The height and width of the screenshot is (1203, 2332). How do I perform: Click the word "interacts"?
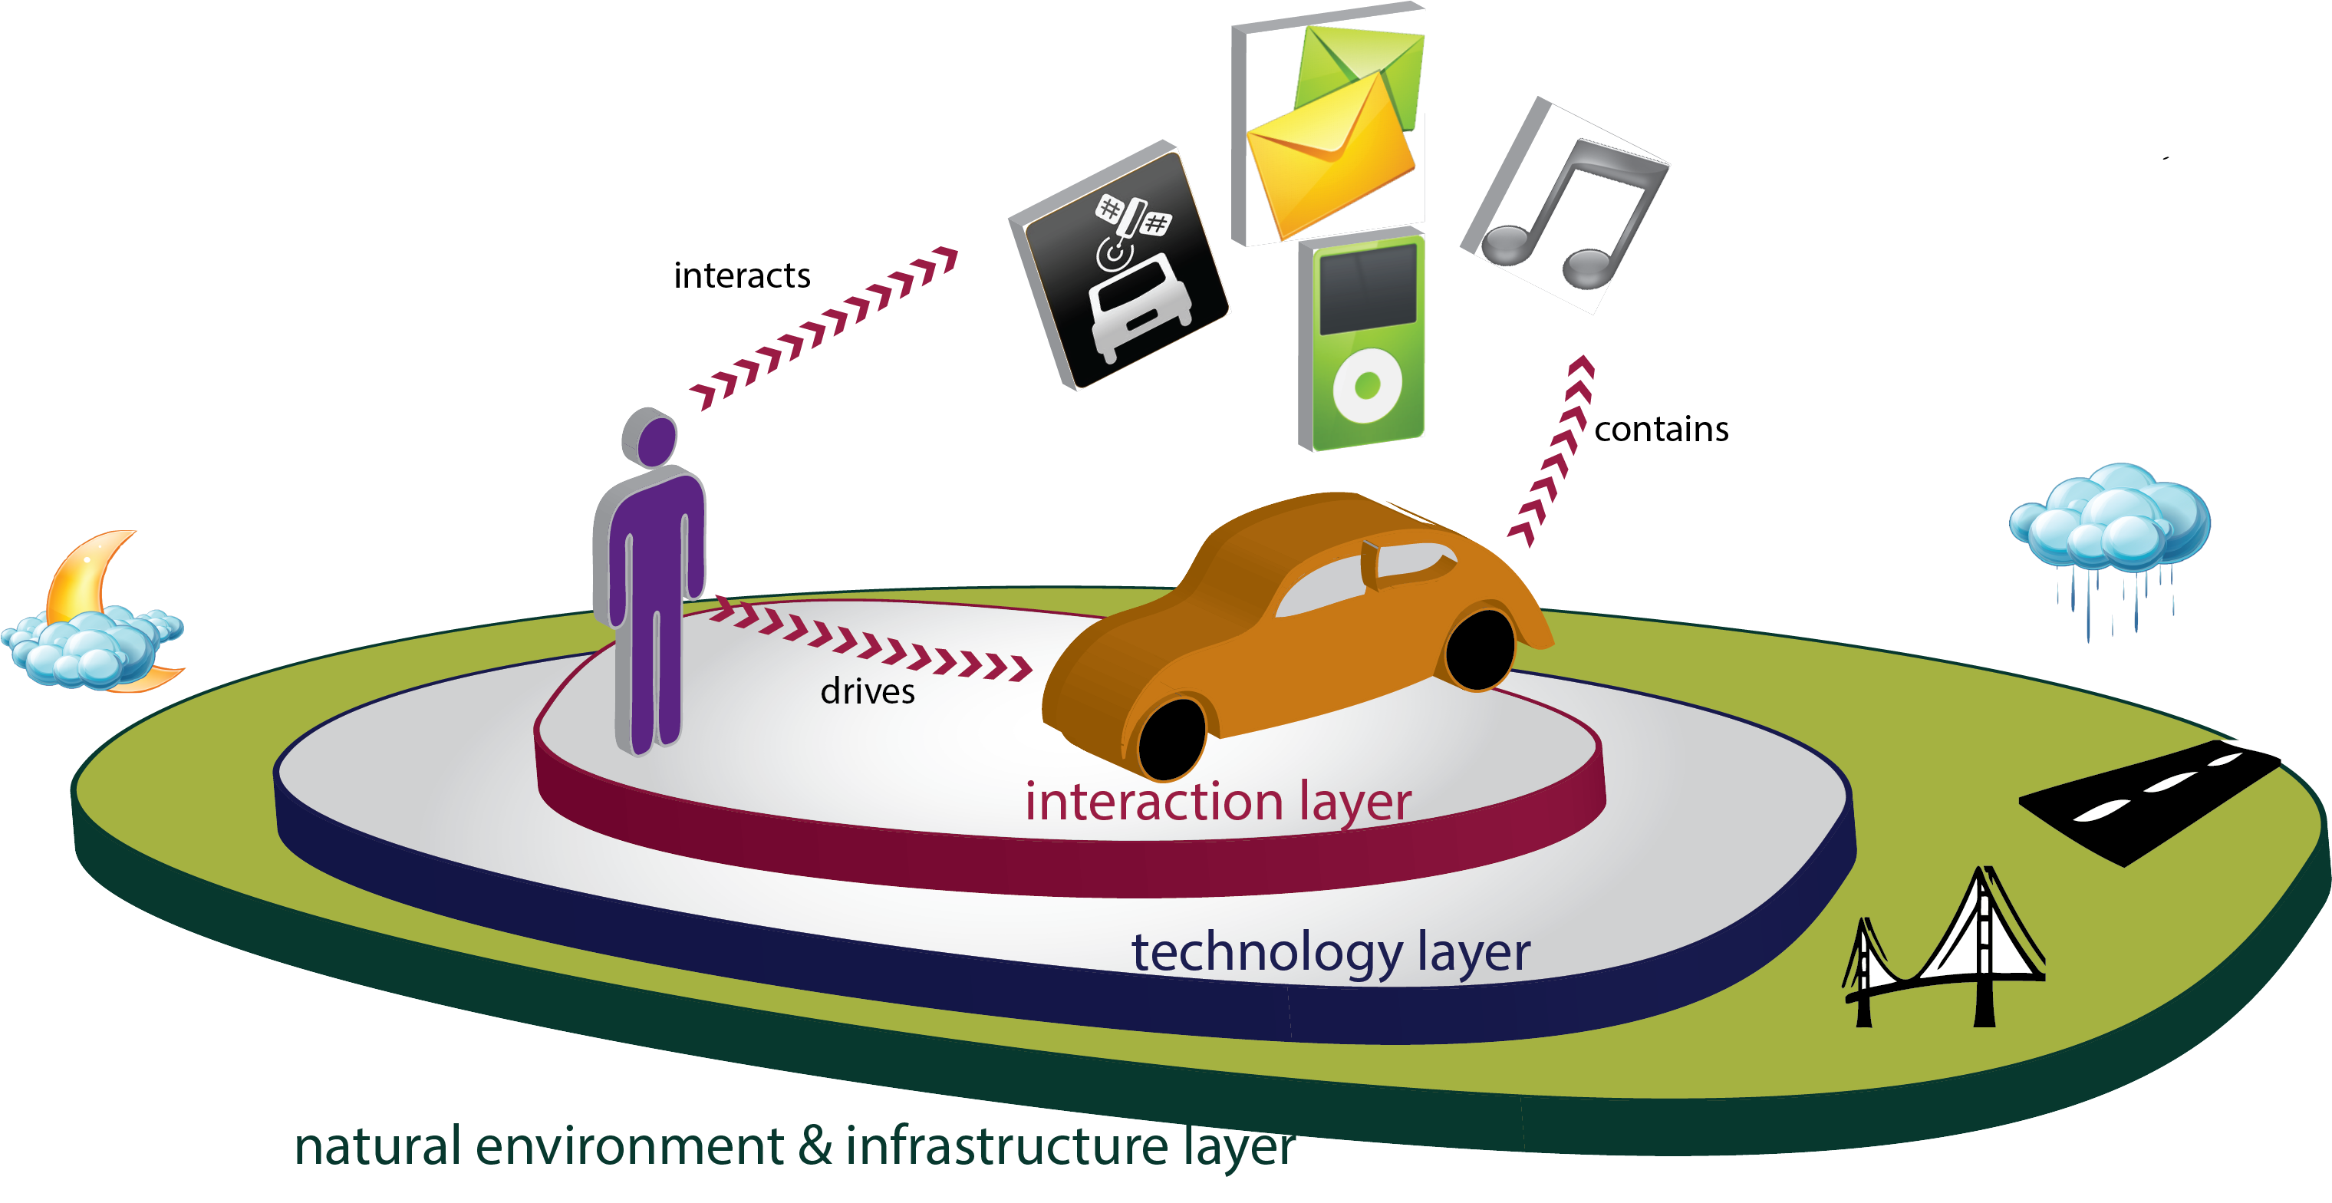[742, 276]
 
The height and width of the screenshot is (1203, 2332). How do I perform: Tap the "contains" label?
[1662, 429]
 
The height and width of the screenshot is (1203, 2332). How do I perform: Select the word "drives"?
[868, 691]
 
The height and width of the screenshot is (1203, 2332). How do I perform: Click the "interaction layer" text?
[1217, 802]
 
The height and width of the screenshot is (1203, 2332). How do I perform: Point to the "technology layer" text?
[1331, 952]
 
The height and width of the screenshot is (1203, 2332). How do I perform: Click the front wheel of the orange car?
[1171, 738]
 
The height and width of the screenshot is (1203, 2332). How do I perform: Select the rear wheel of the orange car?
[1479, 649]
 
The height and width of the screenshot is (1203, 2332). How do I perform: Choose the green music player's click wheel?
[1367, 384]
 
